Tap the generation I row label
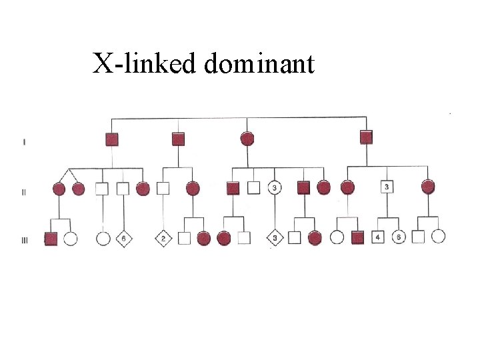point(25,141)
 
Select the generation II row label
point(24,193)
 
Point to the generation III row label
point(25,241)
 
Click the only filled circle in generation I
point(247,139)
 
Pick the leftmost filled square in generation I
point(112,139)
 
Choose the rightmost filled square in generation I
point(365,137)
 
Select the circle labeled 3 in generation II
point(275,188)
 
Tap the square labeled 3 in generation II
point(387,187)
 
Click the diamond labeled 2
point(164,238)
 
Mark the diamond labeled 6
point(123,238)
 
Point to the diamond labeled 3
point(275,238)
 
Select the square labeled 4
point(377,237)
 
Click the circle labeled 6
point(399,237)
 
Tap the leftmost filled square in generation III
point(51,238)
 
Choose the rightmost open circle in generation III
point(438,236)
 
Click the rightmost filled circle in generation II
point(428,187)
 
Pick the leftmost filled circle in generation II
point(59,189)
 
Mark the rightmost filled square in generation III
point(357,237)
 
